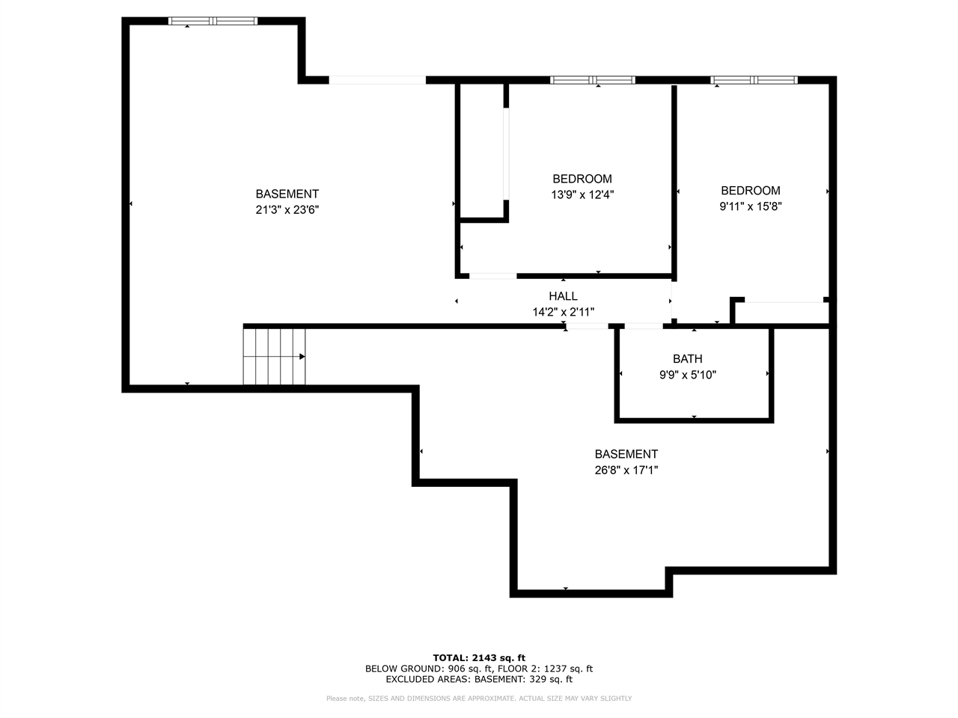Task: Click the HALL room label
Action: coord(563,296)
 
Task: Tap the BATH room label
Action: coord(687,359)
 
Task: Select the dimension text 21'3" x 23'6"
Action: coord(287,209)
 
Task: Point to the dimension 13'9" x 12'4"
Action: coord(582,194)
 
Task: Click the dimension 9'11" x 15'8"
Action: coord(750,206)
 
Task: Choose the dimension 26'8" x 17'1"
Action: coord(626,470)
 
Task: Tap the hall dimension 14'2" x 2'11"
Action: coord(563,312)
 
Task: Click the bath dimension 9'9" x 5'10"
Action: coord(687,375)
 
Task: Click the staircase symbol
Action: coord(274,357)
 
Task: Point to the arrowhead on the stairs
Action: coord(302,357)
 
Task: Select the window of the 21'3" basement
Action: coord(213,21)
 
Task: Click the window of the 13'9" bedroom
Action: coord(592,80)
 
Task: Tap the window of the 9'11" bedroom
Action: coord(754,80)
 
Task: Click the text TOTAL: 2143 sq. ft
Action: coord(479,658)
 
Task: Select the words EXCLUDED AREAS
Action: coord(427,679)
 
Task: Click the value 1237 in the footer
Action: coord(555,669)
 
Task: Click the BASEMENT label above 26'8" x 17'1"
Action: coord(626,454)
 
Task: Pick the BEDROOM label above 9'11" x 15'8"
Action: coord(750,191)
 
